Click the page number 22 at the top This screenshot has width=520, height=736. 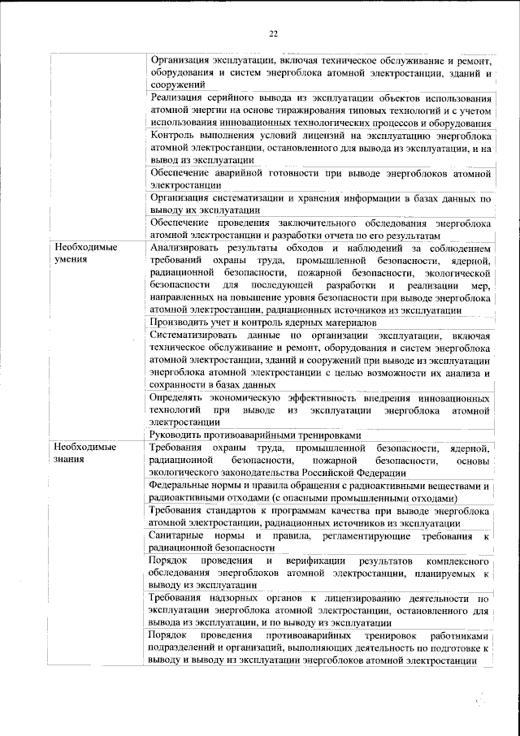pos(273,33)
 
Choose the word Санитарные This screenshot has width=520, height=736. pos(180,536)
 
